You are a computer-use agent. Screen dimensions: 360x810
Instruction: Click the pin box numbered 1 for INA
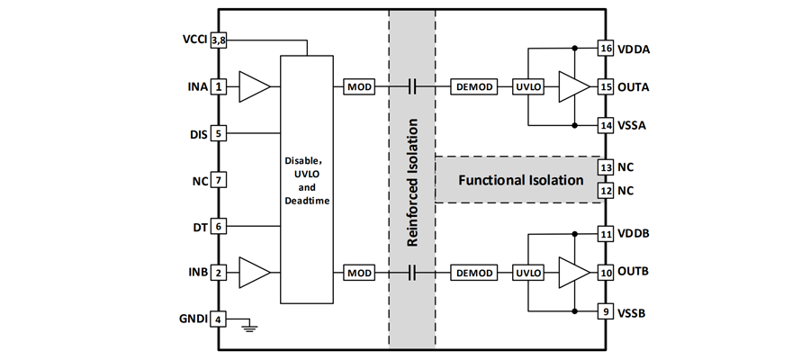217,87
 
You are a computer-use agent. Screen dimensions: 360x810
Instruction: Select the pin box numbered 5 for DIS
217,134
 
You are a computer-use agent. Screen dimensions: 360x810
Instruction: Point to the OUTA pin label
634,87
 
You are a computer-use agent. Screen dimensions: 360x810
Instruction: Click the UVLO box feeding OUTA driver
527,87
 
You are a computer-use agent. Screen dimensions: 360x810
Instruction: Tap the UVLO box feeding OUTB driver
527,272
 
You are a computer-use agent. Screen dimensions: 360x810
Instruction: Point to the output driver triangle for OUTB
571,272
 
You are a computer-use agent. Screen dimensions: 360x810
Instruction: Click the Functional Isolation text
521,180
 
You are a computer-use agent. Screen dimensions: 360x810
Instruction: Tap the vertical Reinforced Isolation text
412,180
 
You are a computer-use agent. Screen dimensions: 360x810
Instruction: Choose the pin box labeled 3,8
217,40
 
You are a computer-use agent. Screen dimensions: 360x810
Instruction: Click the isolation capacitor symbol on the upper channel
412,87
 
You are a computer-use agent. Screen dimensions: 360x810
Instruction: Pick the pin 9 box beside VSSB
606,313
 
